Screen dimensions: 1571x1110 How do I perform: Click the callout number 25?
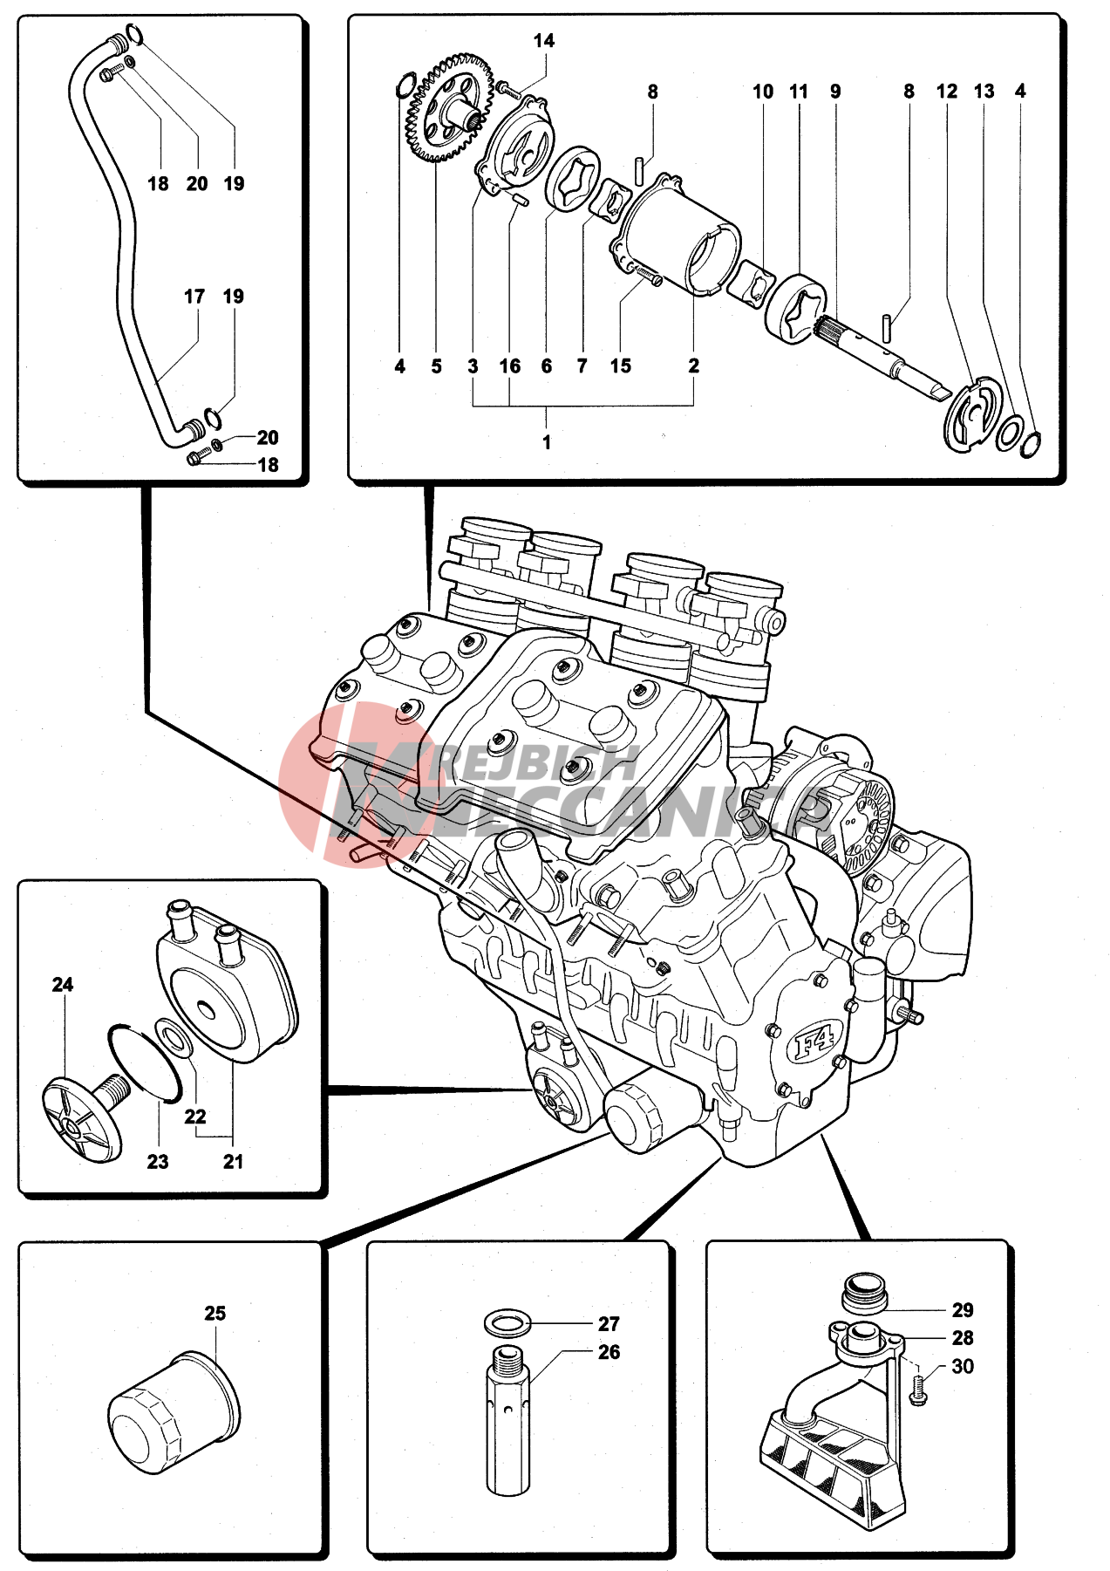click(215, 1313)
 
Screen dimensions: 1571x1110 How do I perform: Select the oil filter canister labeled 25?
click(174, 1414)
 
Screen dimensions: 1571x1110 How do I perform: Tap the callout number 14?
click(543, 41)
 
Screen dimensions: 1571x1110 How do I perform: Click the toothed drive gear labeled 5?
click(446, 109)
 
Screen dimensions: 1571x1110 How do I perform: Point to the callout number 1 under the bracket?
click(547, 442)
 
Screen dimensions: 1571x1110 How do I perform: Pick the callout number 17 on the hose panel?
click(194, 297)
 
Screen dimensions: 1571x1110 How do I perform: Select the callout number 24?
click(63, 985)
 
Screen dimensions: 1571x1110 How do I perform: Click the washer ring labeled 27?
click(507, 1323)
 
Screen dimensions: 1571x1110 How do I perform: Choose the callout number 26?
click(609, 1352)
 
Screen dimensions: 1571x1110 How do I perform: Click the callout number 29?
click(963, 1310)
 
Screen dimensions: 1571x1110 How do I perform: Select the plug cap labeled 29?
click(864, 1292)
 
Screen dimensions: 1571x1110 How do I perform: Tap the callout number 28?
click(963, 1338)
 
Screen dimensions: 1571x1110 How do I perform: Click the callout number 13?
click(984, 92)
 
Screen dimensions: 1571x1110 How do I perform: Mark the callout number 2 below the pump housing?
click(693, 366)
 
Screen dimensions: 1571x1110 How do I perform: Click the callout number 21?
click(233, 1161)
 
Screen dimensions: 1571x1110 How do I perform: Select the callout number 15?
click(620, 366)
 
